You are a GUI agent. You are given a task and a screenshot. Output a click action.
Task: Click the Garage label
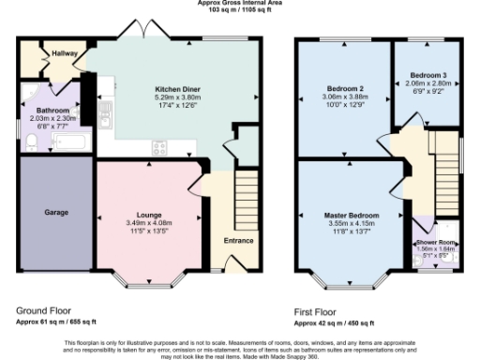pyautogui.click(x=56, y=213)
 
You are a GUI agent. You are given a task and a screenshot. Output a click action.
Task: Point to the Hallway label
pyautogui.click(x=65, y=54)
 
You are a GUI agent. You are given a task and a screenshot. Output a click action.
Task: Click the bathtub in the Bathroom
pyautogui.click(x=71, y=143)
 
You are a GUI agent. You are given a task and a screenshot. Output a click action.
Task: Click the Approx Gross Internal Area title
pyautogui.click(x=240, y=3)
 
